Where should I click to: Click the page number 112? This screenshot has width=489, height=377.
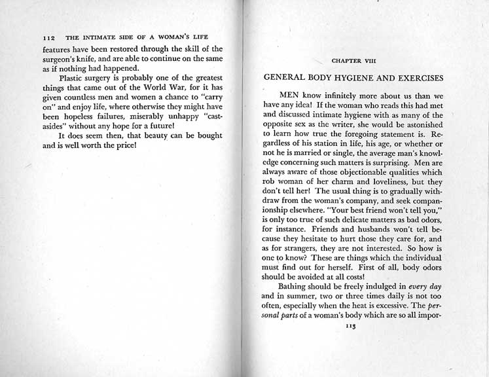(x=50, y=38)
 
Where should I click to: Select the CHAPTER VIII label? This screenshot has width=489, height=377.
(x=353, y=60)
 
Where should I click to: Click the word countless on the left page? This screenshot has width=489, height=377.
(x=84, y=101)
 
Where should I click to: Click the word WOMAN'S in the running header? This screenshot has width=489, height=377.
(x=172, y=38)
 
